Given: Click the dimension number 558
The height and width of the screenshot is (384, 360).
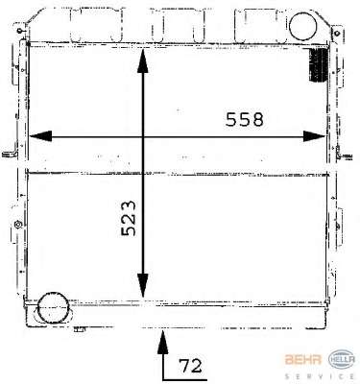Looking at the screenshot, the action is click(245, 119).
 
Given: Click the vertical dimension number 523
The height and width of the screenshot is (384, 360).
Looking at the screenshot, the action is click(129, 218).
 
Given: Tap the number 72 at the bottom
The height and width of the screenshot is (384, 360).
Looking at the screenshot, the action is click(190, 366).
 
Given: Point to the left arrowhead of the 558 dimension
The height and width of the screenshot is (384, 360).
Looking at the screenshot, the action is click(40, 136).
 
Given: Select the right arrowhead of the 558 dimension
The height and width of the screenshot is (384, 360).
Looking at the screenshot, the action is click(314, 136).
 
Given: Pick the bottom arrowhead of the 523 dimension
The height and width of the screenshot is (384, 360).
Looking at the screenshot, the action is click(143, 286).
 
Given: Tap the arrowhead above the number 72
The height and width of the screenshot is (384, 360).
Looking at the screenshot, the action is click(163, 343).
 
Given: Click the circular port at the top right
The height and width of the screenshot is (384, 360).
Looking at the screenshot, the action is click(302, 26).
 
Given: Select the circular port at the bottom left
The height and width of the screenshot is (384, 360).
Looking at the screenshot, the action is click(53, 308).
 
